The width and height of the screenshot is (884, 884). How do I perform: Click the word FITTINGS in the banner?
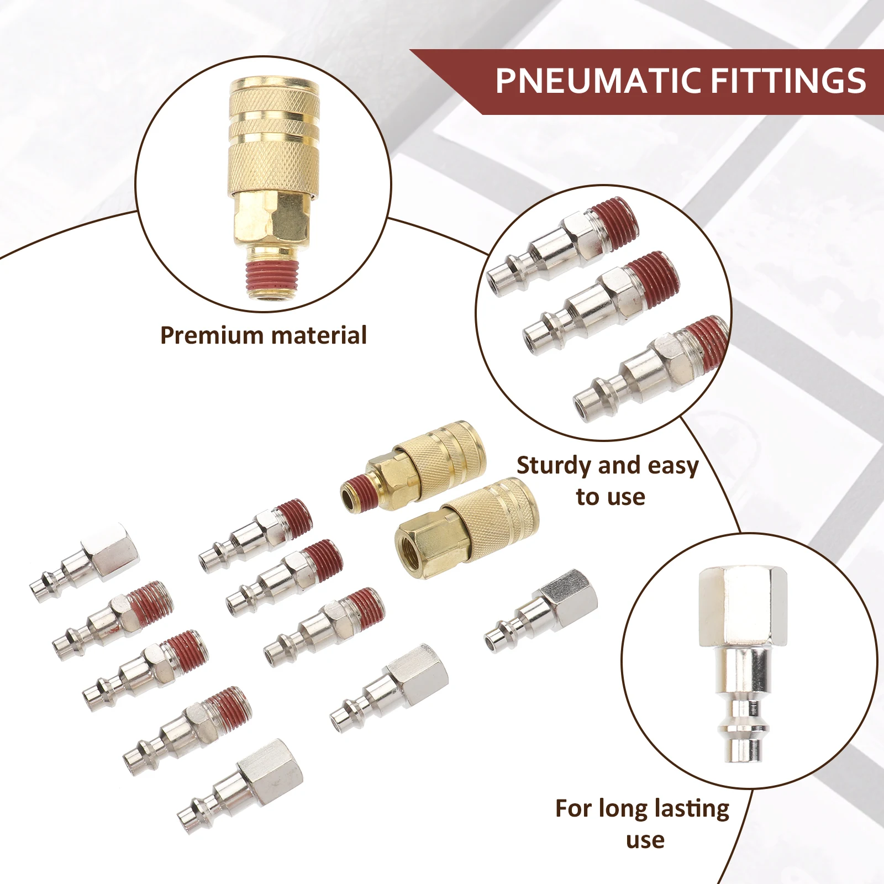click(x=788, y=81)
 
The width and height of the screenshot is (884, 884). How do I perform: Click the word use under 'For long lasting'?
click(x=645, y=840)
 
